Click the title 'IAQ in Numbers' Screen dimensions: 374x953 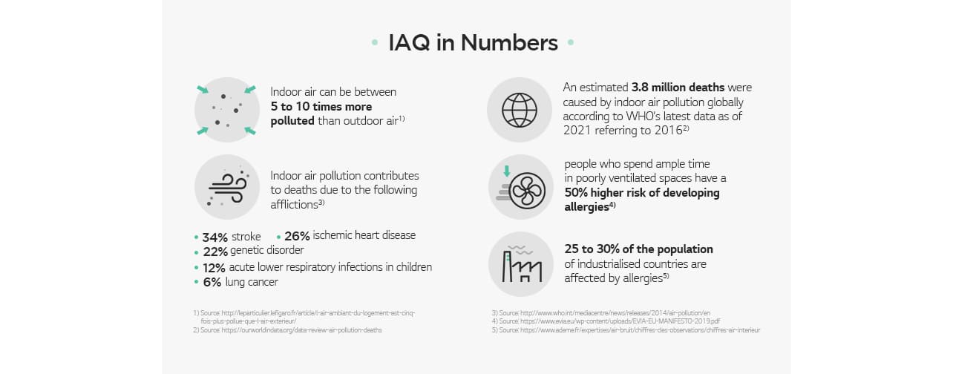(473, 43)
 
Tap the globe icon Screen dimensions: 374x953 (519, 110)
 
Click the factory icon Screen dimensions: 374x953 (520, 264)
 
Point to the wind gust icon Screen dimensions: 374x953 (226, 187)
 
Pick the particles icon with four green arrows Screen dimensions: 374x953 (226, 110)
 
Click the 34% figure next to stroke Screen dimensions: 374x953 (214, 237)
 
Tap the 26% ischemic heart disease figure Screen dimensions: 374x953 (297, 236)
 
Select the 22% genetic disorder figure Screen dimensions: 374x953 (214, 252)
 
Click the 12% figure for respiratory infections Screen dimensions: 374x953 (214, 267)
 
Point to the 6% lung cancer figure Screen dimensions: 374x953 (212, 282)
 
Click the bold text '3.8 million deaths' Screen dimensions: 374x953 (678, 88)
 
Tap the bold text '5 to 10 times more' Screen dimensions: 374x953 (321, 106)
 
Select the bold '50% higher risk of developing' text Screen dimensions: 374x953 (642, 193)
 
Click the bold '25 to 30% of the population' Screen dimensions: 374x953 (638, 249)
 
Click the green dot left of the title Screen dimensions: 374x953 (374, 43)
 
